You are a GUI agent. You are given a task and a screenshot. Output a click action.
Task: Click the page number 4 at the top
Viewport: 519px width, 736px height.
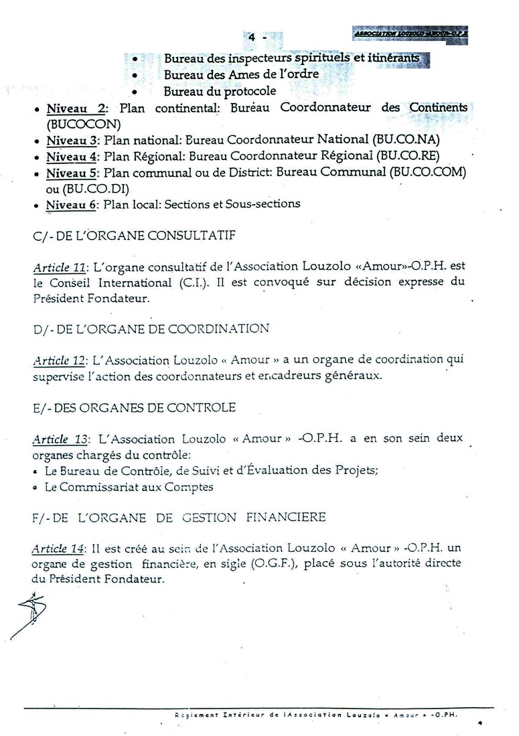[252, 38]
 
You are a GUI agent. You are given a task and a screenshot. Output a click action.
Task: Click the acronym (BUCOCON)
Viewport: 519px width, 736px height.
[74, 124]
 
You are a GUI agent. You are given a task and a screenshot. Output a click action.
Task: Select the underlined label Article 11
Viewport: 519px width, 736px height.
[60, 268]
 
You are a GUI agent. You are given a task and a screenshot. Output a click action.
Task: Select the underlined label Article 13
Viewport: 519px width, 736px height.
[60, 440]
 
